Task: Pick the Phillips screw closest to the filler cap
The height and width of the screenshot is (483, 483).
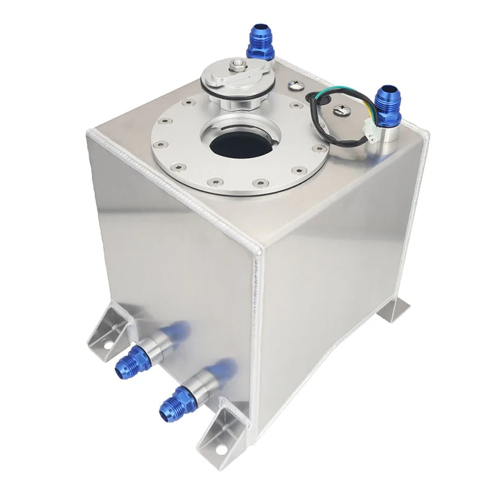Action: point(297,85)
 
